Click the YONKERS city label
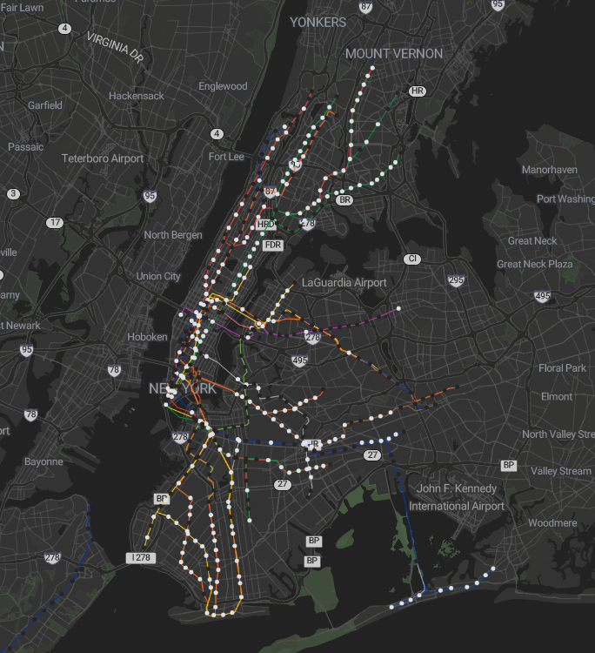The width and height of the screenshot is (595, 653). pyautogui.click(x=318, y=22)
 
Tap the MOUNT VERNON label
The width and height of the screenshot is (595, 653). pyautogui.click(x=394, y=54)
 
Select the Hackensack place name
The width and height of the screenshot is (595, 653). pyautogui.click(x=136, y=96)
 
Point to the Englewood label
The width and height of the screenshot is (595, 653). pyautogui.click(x=223, y=86)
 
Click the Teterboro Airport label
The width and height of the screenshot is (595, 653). pyautogui.click(x=103, y=158)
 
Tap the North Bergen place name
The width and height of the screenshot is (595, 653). pyautogui.click(x=173, y=235)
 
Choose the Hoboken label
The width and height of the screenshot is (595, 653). pyautogui.click(x=146, y=337)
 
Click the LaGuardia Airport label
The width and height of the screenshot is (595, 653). pyautogui.click(x=344, y=283)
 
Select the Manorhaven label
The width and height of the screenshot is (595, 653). pyautogui.click(x=549, y=170)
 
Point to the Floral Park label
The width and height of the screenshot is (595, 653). pyautogui.click(x=563, y=368)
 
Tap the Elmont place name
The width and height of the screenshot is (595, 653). pyautogui.click(x=557, y=396)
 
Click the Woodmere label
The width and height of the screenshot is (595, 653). pyautogui.click(x=552, y=523)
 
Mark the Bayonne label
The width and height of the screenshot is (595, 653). pyautogui.click(x=43, y=461)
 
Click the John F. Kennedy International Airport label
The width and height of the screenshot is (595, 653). pyautogui.click(x=456, y=497)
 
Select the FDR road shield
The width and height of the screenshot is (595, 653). pyautogui.click(x=273, y=246)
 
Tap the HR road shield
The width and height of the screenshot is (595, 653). pyautogui.click(x=417, y=91)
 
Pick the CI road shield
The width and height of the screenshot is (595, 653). pyautogui.click(x=411, y=259)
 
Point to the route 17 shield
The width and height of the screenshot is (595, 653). pyautogui.click(x=55, y=223)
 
